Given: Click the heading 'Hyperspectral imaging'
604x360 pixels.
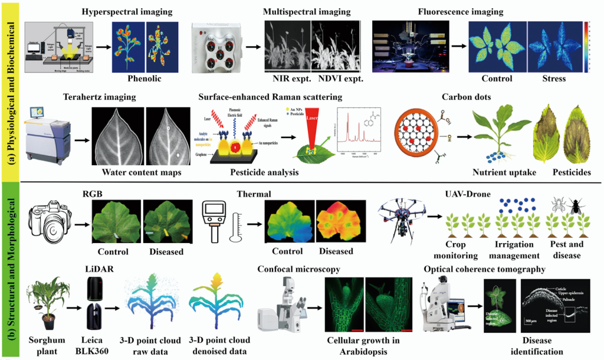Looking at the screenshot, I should coord(127,12).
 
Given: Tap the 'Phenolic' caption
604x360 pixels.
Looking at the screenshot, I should coord(144,78).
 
